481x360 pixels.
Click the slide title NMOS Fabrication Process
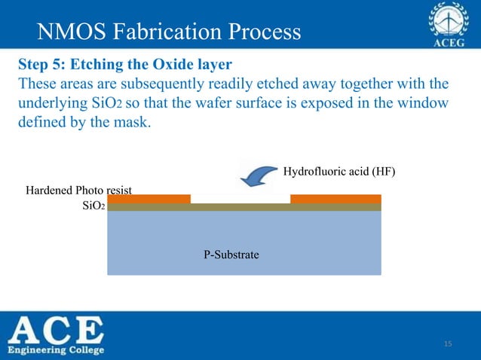coord(169,32)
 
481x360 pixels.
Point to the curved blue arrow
coord(257,175)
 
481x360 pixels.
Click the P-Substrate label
coord(231,255)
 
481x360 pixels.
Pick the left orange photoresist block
coord(149,199)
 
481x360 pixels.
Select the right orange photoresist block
coord(335,199)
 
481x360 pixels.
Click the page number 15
coord(448,344)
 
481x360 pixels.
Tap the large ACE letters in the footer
coord(57,330)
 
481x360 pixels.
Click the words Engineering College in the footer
coord(57,350)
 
